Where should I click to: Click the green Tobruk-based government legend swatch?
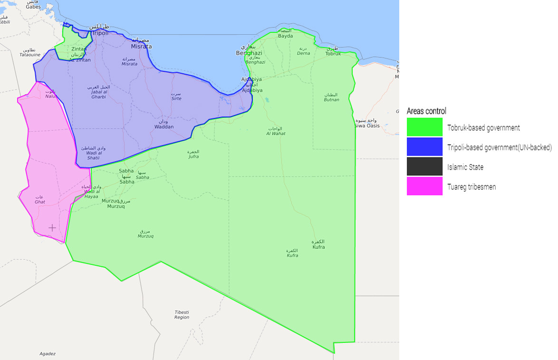(424, 127)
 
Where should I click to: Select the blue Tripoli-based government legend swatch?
(424, 147)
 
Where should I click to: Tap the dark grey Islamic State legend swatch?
(424, 166)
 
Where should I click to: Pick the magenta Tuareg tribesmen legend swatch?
(424, 186)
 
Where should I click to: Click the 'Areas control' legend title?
(426, 111)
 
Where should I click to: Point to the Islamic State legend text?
(465, 167)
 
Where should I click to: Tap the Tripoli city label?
(100, 33)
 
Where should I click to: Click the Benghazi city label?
(249, 53)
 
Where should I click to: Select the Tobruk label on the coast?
(333, 54)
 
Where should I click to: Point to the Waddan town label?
(164, 127)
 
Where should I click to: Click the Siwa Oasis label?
(367, 126)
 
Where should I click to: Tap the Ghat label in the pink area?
(40, 202)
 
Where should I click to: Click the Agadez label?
(48, 354)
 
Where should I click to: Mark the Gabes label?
(33, 7)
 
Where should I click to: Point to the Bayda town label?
(285, 36)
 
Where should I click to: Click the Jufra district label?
(193, 156)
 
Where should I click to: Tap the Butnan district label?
(332, 100)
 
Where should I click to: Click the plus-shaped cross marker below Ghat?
(52, 228)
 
